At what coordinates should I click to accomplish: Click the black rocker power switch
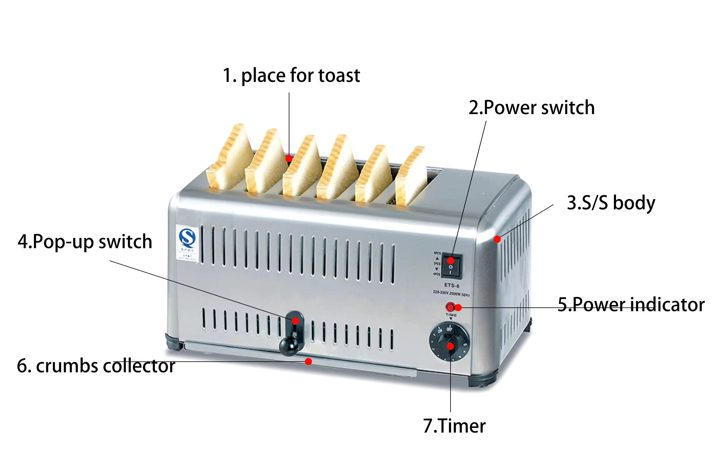click(451, 266)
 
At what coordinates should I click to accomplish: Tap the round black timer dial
click(449, 342)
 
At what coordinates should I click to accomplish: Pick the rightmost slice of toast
click(410, 176)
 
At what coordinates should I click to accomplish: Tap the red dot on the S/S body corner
click(497, 239)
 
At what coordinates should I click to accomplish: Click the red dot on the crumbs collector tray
click(308, 361)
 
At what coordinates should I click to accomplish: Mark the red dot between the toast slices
click(289, 158)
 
